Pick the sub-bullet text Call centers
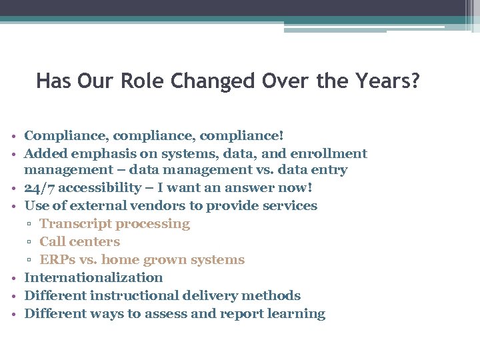pos(80,242)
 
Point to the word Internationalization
pos(93,278)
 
